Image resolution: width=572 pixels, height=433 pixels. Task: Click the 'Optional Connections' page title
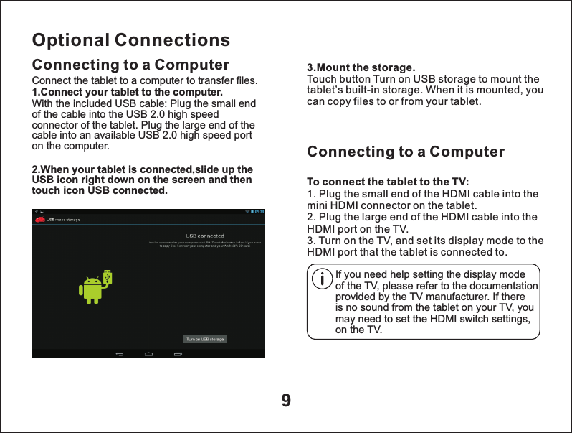click(x=131, y=39)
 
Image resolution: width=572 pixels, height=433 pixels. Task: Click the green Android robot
click(x=91, y=289)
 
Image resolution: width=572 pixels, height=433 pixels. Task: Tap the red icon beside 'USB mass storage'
click(x=40, y=219)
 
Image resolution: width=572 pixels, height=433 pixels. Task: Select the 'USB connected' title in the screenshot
click(x=205, y=236)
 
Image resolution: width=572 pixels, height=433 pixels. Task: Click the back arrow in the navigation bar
click(x=120, y=353)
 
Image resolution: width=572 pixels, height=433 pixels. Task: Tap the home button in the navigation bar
click(x=148, y=353)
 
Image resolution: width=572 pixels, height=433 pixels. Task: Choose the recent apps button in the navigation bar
click(x=177, y=353)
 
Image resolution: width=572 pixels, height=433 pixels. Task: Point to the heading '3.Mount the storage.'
click(x=361, y=68)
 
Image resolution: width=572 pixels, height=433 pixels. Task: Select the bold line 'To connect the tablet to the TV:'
click(x=388, y=180)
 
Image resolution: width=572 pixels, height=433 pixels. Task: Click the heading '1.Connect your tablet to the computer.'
click(x=127, y=93)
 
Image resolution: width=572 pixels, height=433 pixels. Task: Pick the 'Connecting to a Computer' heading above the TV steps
click(x=406, y=152)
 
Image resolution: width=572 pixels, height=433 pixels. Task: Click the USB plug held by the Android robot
click(x=108, y=276)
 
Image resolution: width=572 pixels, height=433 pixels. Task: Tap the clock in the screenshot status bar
click(x=260, y=212)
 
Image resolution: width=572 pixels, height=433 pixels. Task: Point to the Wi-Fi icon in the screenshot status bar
click(x=247, y=212)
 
